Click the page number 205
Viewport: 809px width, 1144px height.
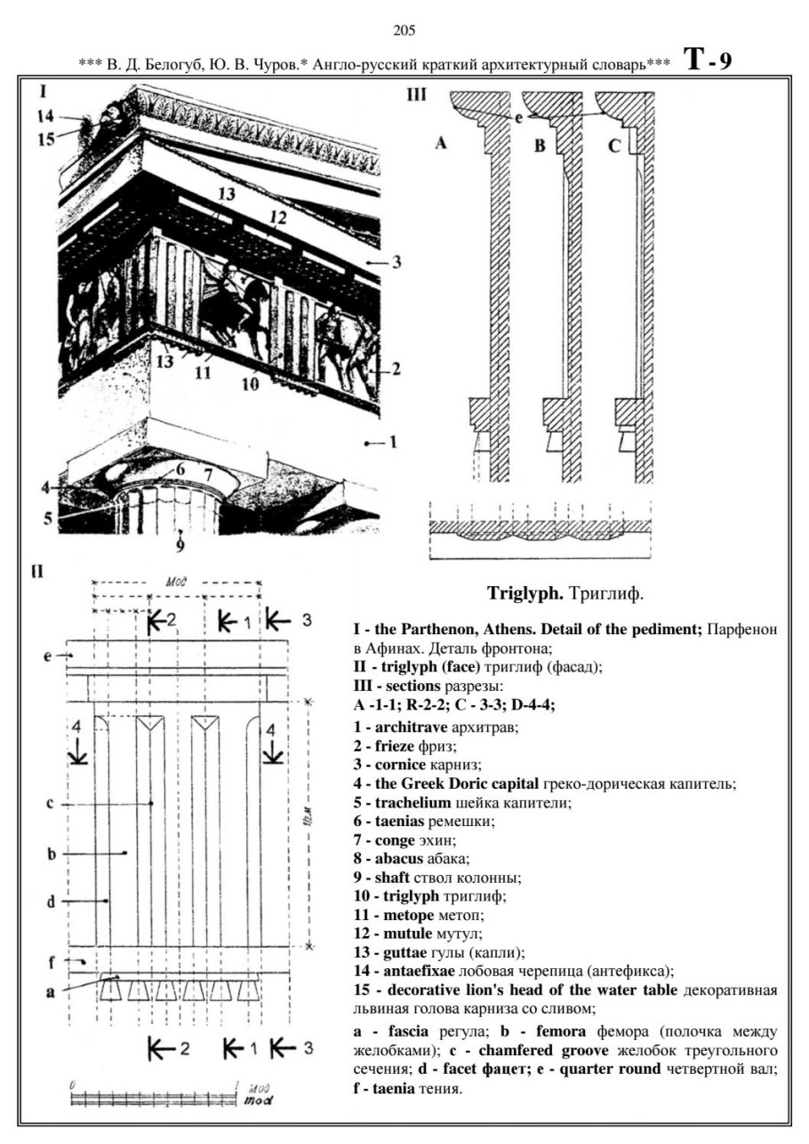click(404, 32)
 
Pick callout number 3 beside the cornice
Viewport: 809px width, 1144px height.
click(397, 262)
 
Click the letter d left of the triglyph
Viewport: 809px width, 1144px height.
click(52, 901)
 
